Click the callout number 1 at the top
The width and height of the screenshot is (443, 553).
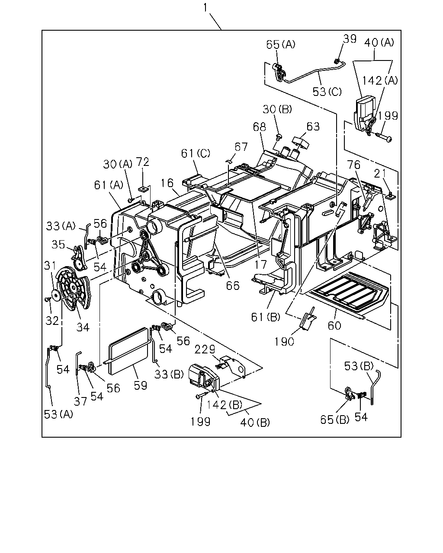click(x=205, y=8)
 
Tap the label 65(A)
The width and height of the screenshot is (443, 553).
click(x=281, y=44)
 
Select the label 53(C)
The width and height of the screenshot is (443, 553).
click(x=327, y=92)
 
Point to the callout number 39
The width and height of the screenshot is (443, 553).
click(x=350, y=39)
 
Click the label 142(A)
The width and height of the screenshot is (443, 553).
click(x=380, y=81)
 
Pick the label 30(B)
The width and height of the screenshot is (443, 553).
click(x=277, y=109)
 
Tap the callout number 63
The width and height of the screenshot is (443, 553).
click(x=313, y=127)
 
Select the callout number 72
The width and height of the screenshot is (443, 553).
click(x=142, y=162)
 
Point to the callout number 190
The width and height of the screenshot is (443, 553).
click(x=284, y=342)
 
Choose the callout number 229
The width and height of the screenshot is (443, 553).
click(x=205, y=350)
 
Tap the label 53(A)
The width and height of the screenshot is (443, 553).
click(x=58, y=414)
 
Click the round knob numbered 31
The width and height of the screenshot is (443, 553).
click(x=56, y=295)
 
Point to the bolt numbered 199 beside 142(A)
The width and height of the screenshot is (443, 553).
click(x=384, y=137)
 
